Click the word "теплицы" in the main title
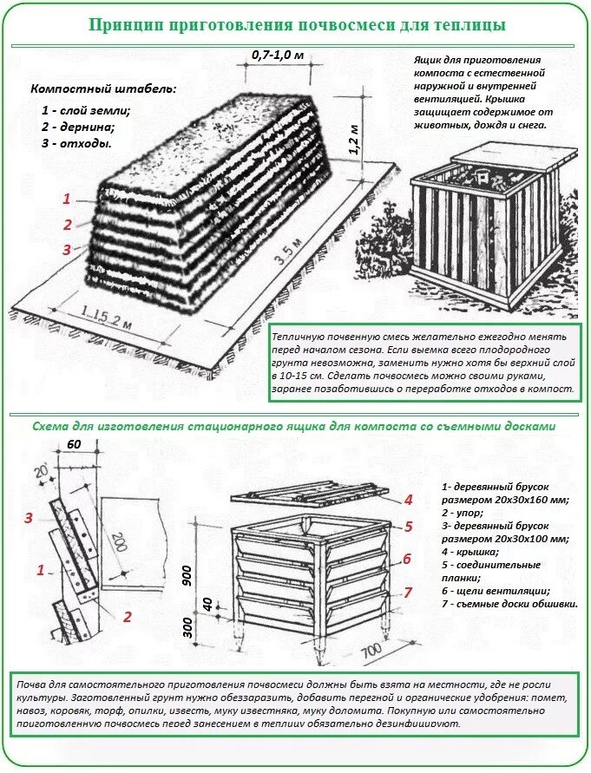[x=465, y=23]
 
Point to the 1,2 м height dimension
[x=353, y=139]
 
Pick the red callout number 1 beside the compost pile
[x=66, y=199]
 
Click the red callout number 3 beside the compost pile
[x=66, y=250]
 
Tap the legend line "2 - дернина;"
[x=77, y=127]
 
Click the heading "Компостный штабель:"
[x=103, y=89]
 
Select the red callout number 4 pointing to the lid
[x=406, y=500]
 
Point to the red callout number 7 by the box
[x=406, y=593]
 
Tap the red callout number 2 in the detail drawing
[x=127, y=617]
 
